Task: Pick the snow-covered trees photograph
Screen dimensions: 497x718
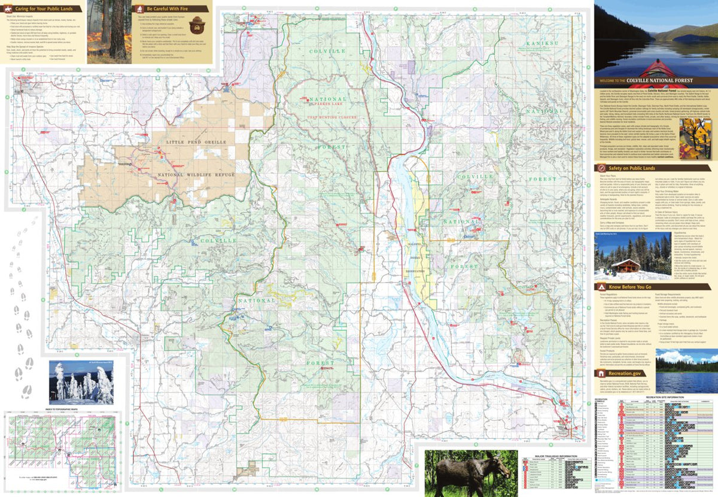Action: (x=81, y=381)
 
